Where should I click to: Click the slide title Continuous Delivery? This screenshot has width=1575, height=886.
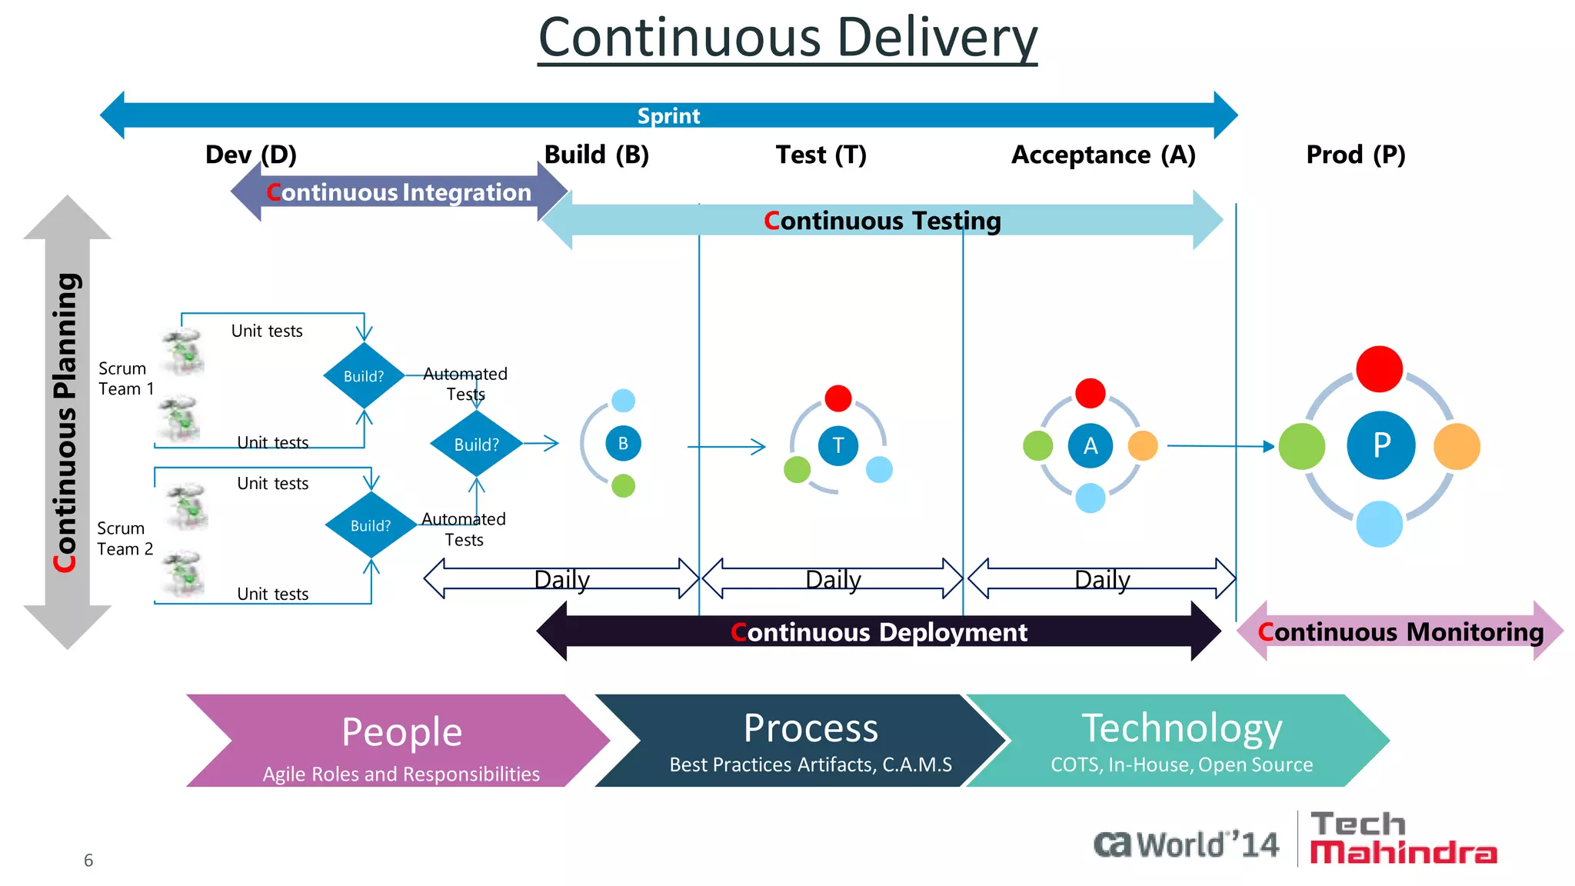(787, 38)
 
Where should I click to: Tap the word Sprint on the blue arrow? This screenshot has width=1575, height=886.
(668, 116)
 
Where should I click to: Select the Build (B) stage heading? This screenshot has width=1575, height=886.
(596, 155)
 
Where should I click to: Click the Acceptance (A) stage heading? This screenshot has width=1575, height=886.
(1103, 155)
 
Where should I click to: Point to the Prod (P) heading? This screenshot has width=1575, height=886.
(1355, 155)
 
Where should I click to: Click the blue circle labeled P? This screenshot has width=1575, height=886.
(1380, 445)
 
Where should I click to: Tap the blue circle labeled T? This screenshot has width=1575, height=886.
(837, 445)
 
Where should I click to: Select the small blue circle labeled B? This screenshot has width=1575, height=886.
(623, 443)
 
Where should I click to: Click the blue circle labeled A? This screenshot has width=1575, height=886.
(1090, 445)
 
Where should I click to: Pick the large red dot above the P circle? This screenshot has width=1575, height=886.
(1379, 369)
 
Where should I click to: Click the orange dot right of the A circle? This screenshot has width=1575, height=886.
(1142, 445)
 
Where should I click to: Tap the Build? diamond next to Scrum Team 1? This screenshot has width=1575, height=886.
(364, 376)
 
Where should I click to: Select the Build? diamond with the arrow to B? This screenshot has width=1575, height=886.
(476, 444)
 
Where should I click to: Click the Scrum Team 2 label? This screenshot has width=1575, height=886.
(125, 538)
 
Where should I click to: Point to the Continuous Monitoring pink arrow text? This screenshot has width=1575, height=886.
(1400, 632)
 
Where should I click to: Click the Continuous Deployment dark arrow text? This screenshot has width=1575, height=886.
(878, 632)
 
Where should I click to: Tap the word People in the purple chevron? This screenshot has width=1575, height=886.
(401, 731)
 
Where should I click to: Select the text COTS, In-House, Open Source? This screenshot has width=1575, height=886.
(1181, 764)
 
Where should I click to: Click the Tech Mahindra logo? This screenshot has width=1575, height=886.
(1403, 838)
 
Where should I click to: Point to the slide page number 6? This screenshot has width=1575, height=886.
(88, 860)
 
